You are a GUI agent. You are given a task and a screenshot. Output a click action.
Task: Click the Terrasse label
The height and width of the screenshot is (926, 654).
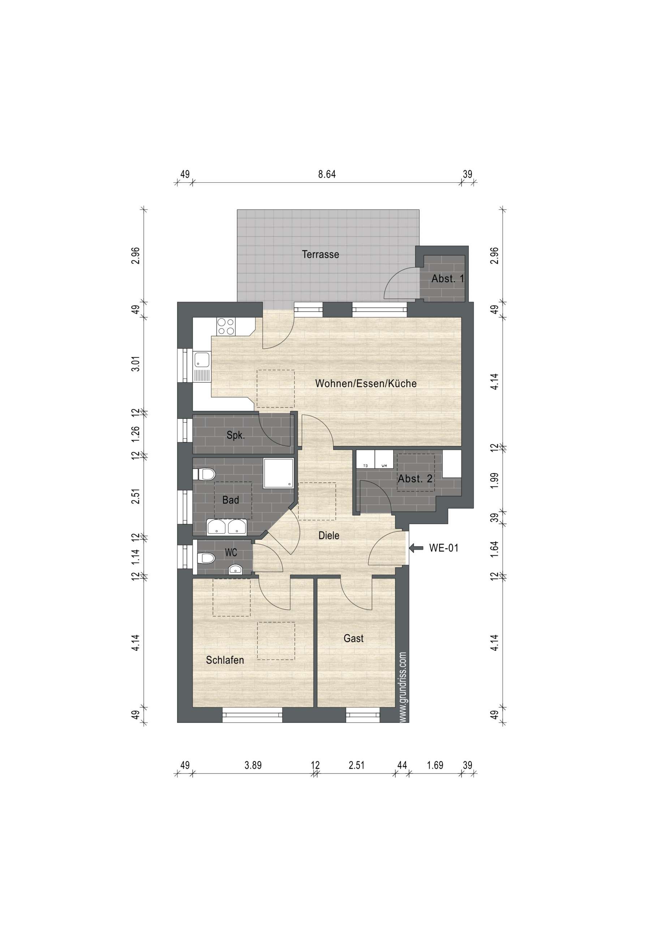(320, 255)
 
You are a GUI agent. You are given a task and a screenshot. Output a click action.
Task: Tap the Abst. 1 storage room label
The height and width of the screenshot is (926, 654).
(448, 278)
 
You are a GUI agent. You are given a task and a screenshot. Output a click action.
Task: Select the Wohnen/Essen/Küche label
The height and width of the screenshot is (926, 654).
(366, 383)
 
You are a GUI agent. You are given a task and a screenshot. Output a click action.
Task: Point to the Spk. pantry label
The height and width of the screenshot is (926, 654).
(236, 436)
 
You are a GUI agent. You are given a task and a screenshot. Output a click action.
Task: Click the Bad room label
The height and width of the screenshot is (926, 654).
(231, 500)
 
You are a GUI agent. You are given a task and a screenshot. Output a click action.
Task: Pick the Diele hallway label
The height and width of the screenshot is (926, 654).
(329, 536)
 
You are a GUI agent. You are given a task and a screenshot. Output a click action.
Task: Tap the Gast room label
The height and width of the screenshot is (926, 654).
(353, 638)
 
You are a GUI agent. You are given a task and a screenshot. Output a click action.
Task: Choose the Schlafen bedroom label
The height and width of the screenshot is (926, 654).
(225, 660)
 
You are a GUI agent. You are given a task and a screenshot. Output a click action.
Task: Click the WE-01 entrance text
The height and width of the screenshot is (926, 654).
(444, 548)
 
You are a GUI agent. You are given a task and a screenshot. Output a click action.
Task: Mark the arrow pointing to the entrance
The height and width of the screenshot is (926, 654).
(416, 548)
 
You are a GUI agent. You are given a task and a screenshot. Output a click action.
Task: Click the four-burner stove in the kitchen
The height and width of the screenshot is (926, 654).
(226, 326)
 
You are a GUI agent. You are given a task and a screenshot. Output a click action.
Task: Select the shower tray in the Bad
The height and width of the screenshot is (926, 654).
(279, 473)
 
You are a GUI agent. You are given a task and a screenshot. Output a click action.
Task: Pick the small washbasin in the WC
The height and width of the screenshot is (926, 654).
(235, 569)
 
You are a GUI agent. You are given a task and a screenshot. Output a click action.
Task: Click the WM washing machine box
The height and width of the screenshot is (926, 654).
(384, 459)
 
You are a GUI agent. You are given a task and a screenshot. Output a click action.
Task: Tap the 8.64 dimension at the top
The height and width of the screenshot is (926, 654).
(327, 174)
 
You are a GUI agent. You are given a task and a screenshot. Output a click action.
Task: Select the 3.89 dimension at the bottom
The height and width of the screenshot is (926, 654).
(253, 765)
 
